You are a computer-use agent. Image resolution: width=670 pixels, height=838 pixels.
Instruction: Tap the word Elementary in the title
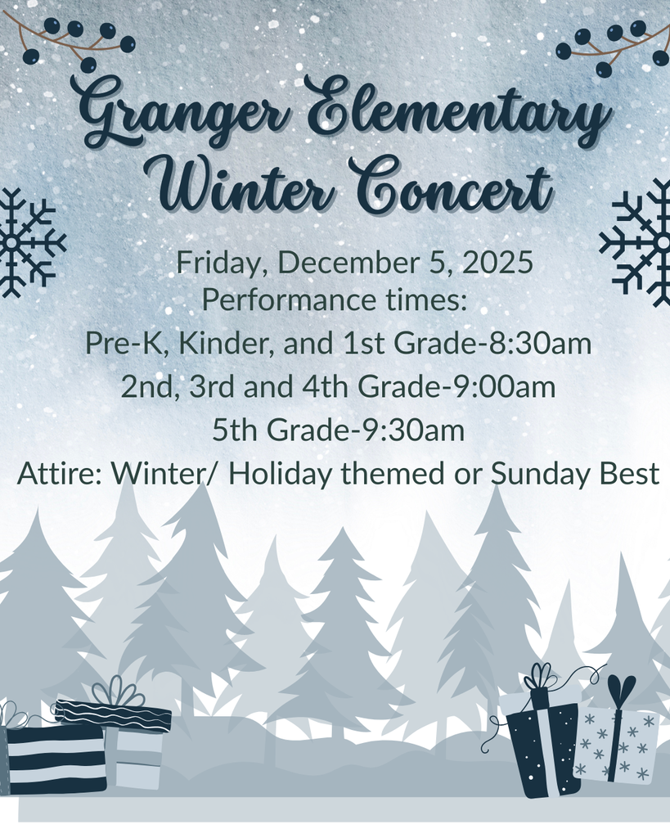tap(458, 115)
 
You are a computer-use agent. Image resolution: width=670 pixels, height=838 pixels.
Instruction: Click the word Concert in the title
tap(450, 187)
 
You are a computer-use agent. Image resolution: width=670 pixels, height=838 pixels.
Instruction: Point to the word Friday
tap(223, 264)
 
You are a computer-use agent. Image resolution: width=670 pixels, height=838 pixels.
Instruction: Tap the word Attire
tap(59, 474)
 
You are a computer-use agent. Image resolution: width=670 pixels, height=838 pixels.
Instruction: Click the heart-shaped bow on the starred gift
tap(621, 692)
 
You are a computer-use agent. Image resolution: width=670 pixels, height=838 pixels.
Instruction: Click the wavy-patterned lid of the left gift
tap(113, 715)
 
